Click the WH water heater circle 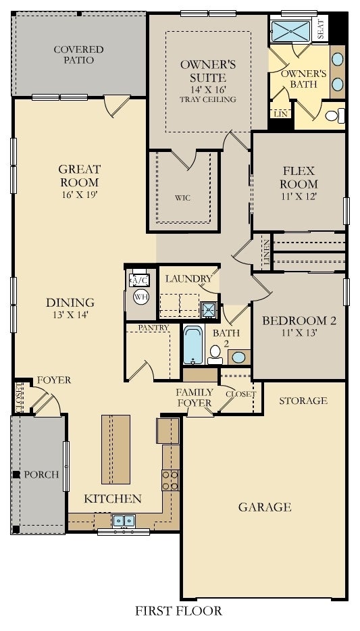[x=140, y=297]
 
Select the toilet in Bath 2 [x=215, y=354]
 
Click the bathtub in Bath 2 [x=193, y=345]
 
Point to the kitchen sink [x=124, y=521]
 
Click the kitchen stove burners [x=170, y=480]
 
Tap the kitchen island [x=116, y=449]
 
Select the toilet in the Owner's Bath [x=334, y=116]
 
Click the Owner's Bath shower [x=290, y=31]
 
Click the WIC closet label [x=182, y=198]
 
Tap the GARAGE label [x=265, y=507]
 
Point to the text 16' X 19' [x=80, y=195]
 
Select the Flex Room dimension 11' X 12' [x=299, y=197]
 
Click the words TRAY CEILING [x=208, y=99]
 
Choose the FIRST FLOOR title [x=178, y=611]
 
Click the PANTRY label [x=153, y=328]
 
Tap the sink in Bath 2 [x=239, y=357]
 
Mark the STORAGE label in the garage [x=303, y=401]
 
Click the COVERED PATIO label [x=79, y=55]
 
